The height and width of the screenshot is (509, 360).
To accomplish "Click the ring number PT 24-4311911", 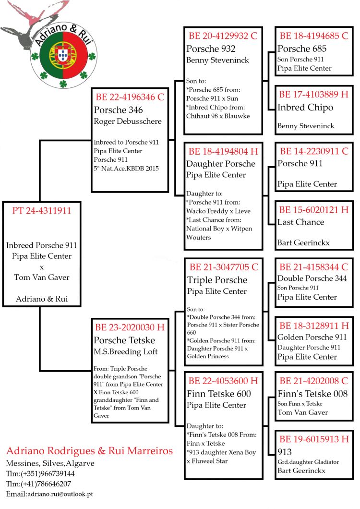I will click(x=39, y=210).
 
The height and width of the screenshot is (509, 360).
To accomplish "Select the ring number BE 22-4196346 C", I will click(x=130, y=97).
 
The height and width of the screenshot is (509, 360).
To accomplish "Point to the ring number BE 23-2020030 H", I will click(x=130, y=327).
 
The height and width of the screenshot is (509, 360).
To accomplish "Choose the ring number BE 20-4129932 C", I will click(x=223, y=36).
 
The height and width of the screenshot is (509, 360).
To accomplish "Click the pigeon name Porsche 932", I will click(x=211, y=48).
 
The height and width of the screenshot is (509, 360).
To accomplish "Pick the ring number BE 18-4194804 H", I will click(x=223, y=151).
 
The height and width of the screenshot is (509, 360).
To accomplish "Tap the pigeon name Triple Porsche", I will click(x=217, y=280).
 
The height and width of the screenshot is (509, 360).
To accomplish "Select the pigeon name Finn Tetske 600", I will click(x=218, y=394).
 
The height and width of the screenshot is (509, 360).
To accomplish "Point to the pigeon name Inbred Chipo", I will click(x=305, y=107).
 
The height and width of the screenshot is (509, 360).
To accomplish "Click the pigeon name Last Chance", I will click(x=300, y=222).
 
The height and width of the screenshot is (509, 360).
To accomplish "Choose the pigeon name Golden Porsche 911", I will click(x=312, y=337).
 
